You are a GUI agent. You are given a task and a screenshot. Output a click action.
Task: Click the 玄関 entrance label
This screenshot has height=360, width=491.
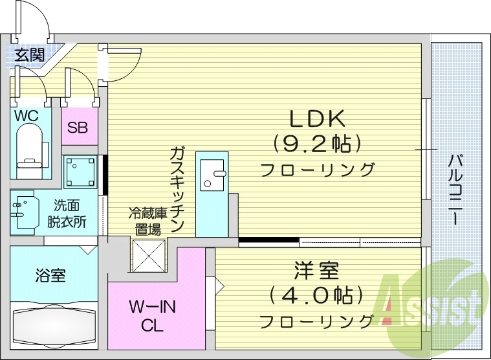point(30,55)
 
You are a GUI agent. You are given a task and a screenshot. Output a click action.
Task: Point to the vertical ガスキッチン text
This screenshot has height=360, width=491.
point(178,191)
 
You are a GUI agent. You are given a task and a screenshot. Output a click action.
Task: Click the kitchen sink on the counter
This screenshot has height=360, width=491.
point(212,174)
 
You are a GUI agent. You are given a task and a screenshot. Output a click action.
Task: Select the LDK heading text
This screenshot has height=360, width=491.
point(318,118)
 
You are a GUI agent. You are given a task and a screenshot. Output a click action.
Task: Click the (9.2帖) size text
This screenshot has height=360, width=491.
point(318,143)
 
